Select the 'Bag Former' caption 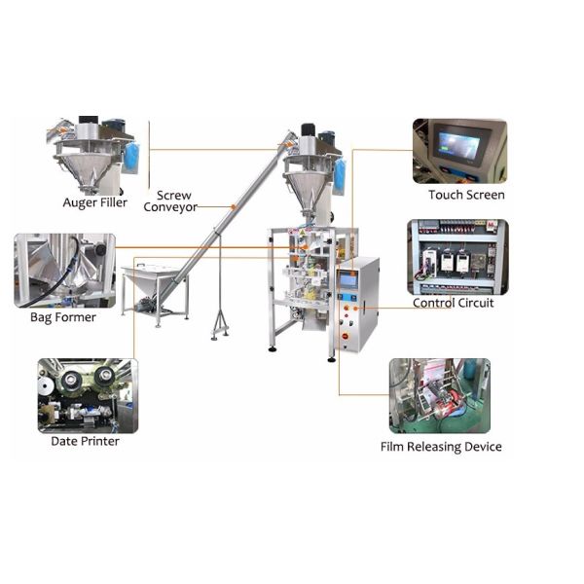coord(63,317)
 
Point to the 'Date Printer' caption coord(86,441)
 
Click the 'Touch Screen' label coord(466,195)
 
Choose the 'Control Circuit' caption coord(454,303)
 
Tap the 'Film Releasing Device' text coord(441,447)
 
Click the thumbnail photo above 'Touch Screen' coord(459,151)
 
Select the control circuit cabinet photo coord(456,257)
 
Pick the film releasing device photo coord(439,395)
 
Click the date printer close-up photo coord(87,395)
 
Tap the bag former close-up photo coord(64,270)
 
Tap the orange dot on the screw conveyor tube coord(233,205)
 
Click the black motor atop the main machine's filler coord(308,130)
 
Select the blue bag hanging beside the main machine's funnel coord(340,174)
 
